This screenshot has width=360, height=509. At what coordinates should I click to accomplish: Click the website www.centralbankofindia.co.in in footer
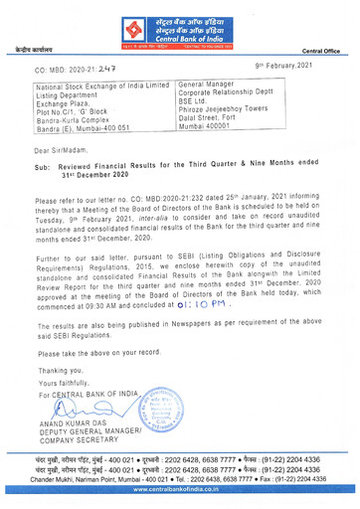(x=180, y=501)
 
